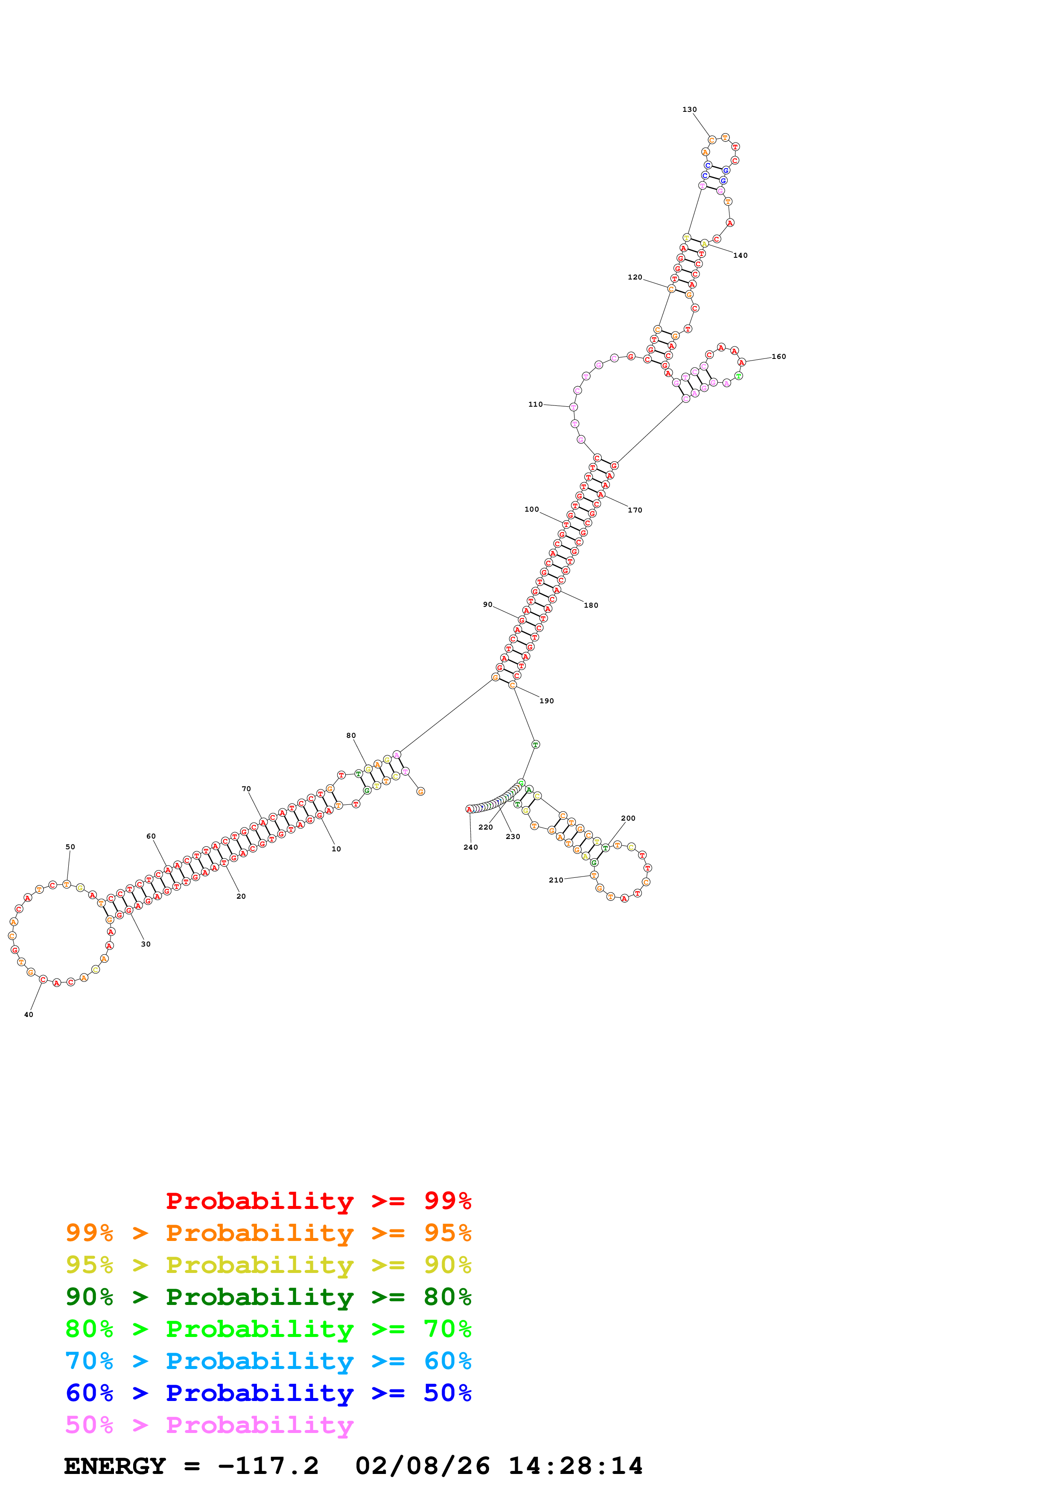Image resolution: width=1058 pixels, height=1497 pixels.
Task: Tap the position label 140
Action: [x=740, y=256]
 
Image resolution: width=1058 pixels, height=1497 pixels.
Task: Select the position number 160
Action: [x=778, y=357]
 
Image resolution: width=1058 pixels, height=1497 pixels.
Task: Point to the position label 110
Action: [x=535, y=404]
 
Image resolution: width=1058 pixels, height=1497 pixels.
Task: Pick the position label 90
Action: [x=488, y=604]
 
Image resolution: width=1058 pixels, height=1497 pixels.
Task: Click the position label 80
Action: [x=351, y=735]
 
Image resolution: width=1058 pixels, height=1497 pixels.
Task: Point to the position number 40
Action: [x=29, y=1014]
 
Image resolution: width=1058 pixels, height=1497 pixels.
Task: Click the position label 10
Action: [x=336, y=849]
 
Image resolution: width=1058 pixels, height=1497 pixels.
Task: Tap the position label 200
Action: [x=628, y=818]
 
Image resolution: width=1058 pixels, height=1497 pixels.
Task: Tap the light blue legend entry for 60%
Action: [x=268, y=1361]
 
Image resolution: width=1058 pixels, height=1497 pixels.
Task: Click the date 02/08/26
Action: [x=423, y=1466]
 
